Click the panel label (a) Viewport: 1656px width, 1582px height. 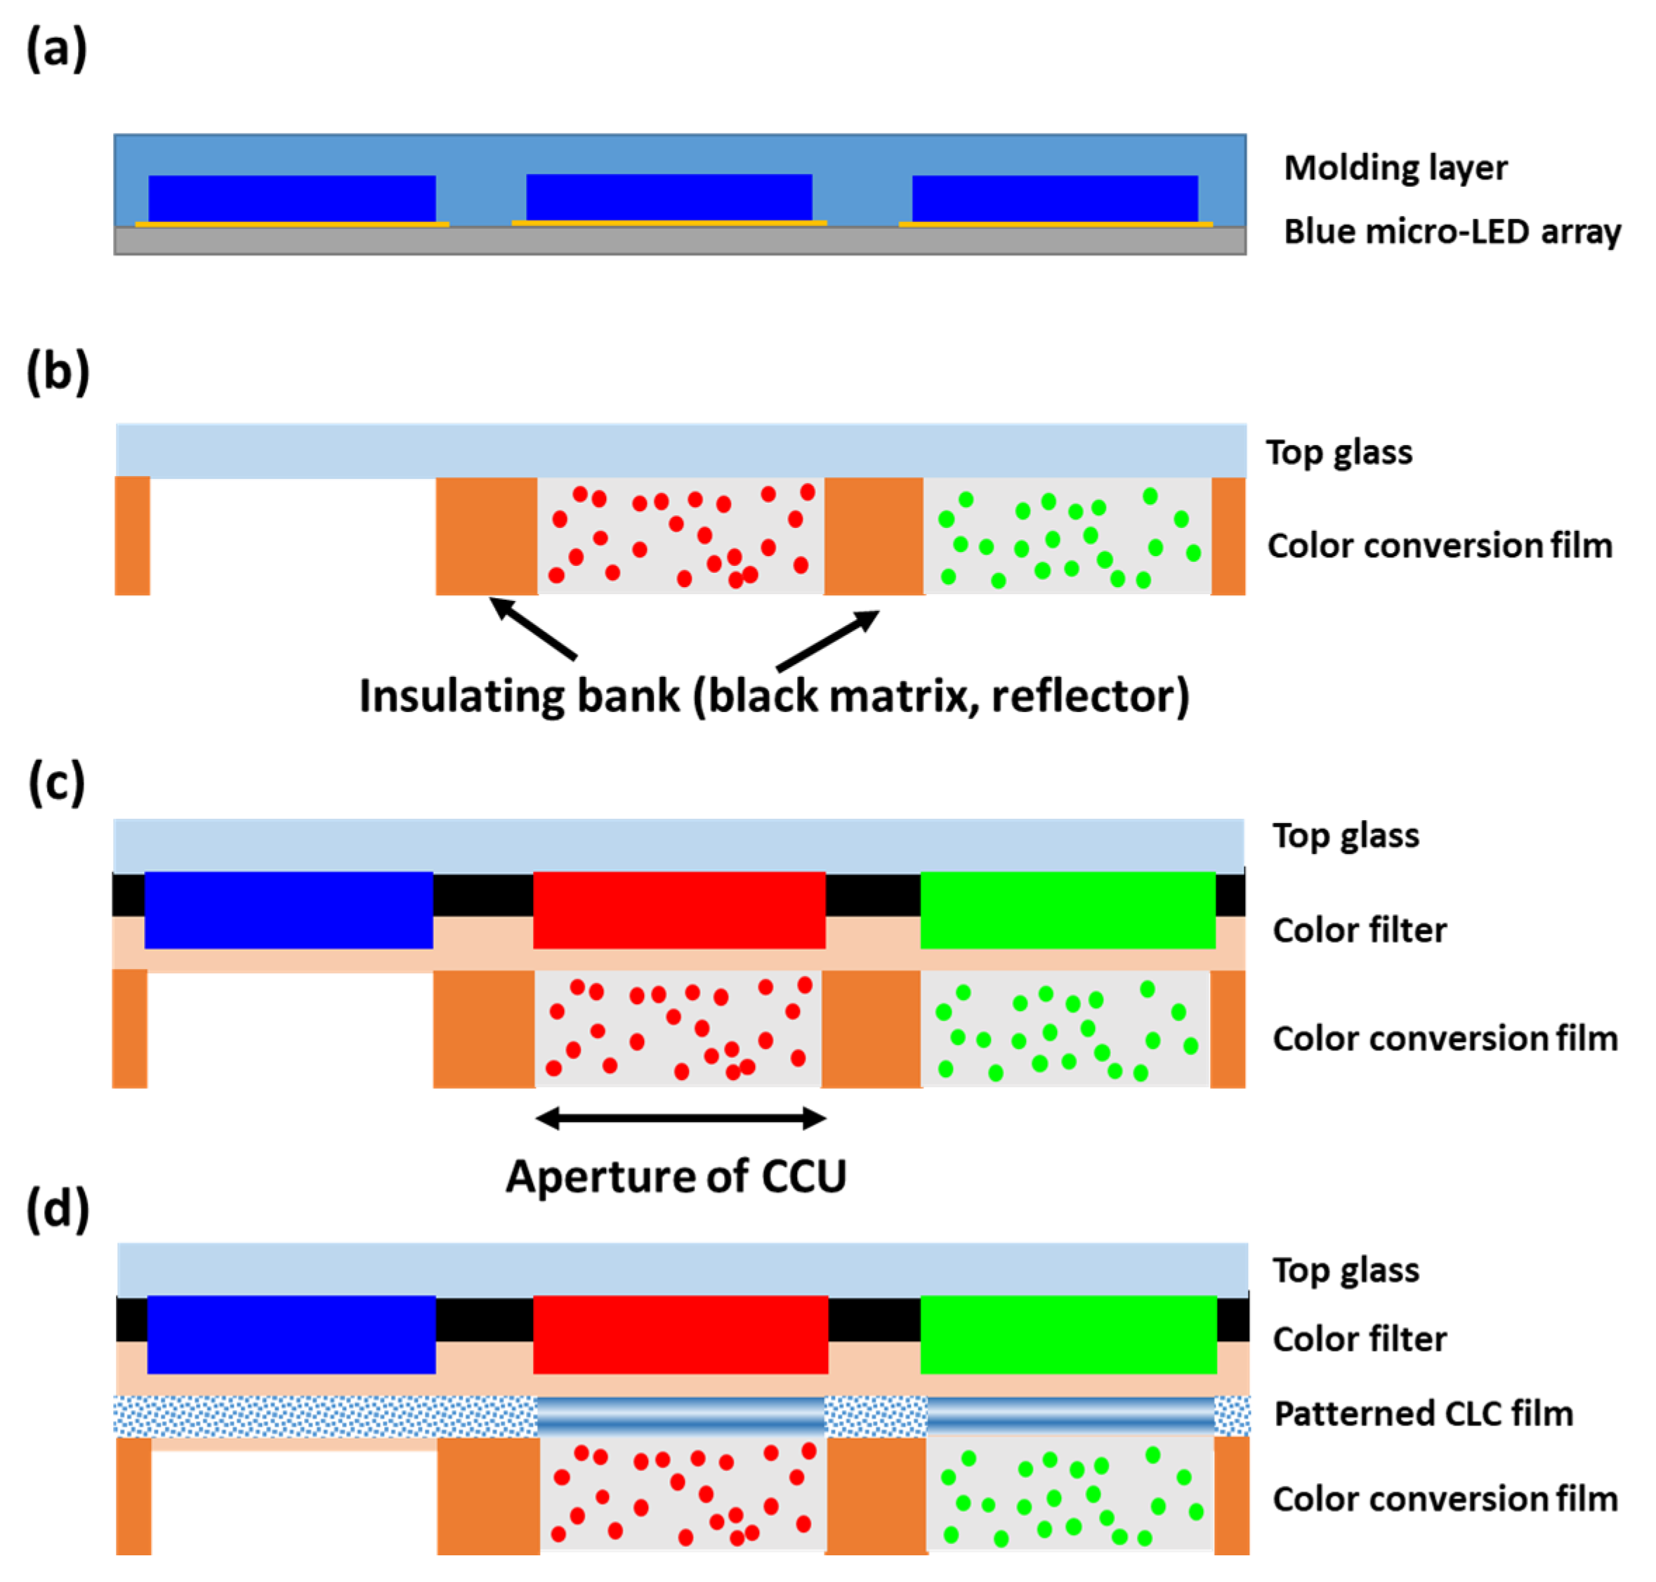click(x=56, y=49)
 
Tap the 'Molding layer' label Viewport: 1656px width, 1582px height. click(x=1395, y=168)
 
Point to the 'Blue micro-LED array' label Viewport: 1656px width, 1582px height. click(x=1451, y=231)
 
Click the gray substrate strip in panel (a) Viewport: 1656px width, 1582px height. click(x=679, y=240)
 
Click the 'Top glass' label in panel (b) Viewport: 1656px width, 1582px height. click(x=1339, y=453)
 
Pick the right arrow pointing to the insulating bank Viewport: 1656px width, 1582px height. click(x=827, y=640)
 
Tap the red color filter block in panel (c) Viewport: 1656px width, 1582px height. click(x=678, y=910)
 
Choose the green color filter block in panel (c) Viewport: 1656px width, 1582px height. click(x=1067, y=910)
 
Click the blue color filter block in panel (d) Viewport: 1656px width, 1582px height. click(x=291, y=1335)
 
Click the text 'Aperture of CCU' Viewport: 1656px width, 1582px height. click(x=676, y=1176)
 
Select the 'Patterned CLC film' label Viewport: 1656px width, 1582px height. click(x=1423, y=1414)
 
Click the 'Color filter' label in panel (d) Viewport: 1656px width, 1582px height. click(x=1359, y=1339)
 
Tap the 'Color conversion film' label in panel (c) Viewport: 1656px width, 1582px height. click(x=1444, y=1039)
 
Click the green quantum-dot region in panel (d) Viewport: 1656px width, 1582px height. click(x=1069, y=1494)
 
